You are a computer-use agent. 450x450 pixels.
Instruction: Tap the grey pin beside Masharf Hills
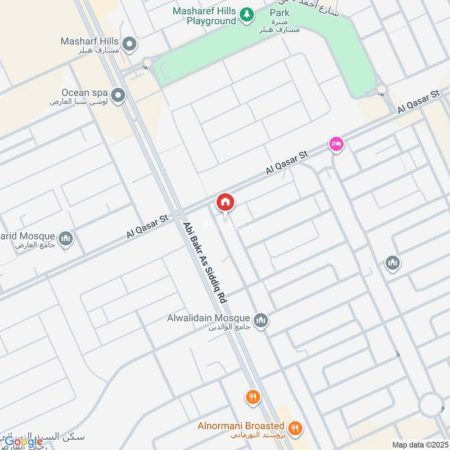coord(130,43)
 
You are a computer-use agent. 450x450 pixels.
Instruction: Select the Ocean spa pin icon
coord(118,96)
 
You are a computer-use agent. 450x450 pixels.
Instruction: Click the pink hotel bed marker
coord(336,145)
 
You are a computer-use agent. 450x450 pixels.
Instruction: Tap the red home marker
coord(225,202)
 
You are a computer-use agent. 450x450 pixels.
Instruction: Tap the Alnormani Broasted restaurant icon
coord(295,429)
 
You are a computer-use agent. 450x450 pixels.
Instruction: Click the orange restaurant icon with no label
coord(253,398)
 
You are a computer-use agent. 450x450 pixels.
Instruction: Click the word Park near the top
coord(280,12)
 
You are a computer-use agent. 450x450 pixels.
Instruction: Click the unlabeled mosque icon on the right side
coord(392,262)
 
